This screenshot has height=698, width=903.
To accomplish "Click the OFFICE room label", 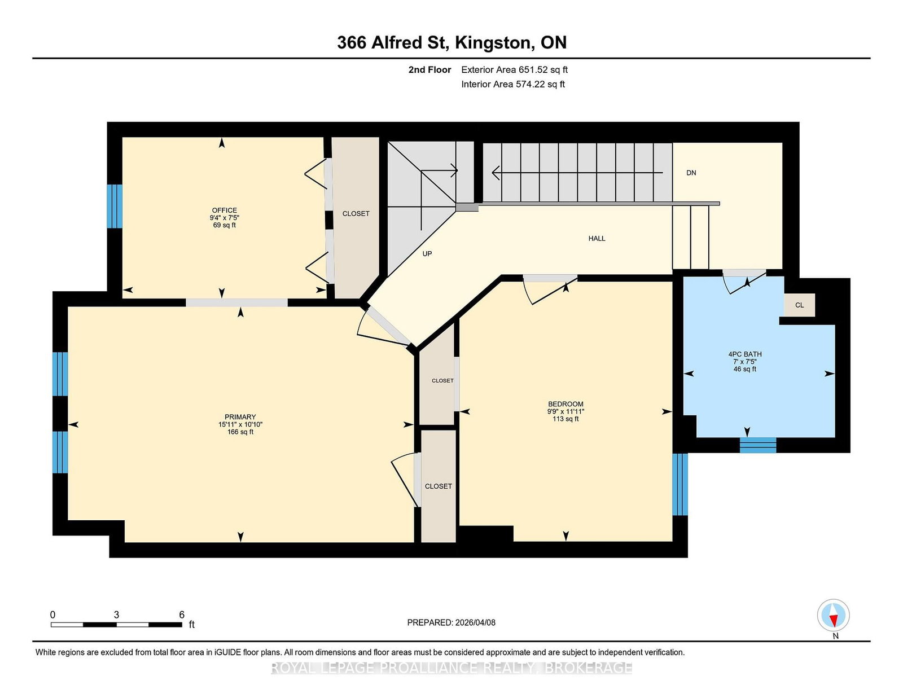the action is [225, 210].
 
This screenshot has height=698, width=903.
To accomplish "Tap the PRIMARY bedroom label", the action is [240, 417].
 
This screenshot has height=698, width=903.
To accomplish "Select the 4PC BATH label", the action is [745, 354].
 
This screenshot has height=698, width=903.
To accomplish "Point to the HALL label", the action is [597, 238].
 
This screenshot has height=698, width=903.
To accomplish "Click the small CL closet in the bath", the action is [800, 305].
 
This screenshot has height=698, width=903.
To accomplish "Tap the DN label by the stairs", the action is [691, 173].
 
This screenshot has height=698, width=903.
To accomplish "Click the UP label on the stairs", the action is [427, 253].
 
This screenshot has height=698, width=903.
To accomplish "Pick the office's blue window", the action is [115, 206].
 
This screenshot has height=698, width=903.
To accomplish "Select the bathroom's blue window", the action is [758, 445].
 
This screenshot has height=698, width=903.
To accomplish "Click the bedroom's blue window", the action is [680, 485].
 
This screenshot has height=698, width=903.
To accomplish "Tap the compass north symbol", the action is [833, 615].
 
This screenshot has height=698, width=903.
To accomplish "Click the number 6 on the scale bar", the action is [182, 614].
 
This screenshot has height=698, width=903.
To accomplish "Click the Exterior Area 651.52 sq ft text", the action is [515, 69].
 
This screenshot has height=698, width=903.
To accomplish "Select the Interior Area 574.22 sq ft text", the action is [513, 84].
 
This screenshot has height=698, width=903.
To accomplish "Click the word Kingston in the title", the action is [493, 43].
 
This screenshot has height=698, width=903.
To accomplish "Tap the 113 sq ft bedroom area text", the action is [566, 419].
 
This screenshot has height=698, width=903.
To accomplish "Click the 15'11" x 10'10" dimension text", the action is [240, 424].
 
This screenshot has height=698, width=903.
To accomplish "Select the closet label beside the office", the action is [356, 213].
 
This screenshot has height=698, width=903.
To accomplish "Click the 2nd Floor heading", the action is [429, 69].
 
